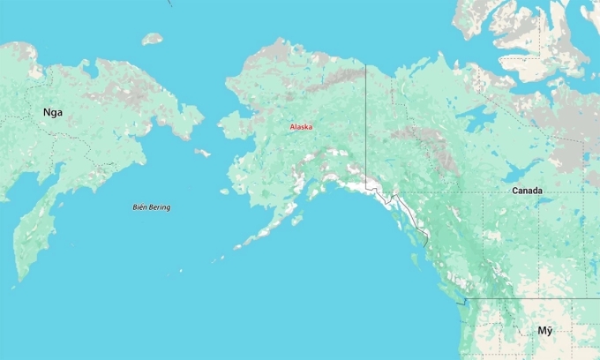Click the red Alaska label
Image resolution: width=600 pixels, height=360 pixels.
301,127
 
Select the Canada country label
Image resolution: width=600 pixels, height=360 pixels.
527,191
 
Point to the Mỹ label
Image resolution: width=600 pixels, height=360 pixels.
545,330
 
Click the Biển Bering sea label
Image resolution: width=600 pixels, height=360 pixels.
151,207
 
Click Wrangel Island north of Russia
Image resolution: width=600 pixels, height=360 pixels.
153,38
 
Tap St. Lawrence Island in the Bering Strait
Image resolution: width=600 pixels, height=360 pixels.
203,153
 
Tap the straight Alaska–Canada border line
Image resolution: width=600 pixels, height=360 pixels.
366,124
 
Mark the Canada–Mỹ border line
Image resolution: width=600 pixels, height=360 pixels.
529,298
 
